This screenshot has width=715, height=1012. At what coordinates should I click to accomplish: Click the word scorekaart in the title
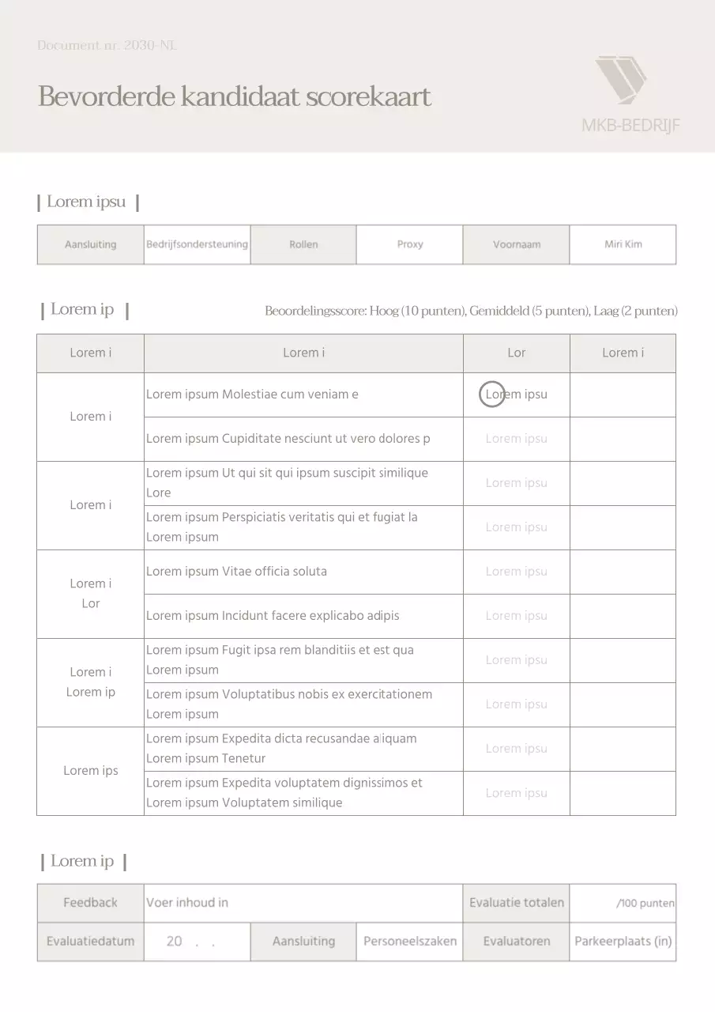(368, 97)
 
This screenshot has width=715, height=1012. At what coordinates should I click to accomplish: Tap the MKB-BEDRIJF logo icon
(620, 80)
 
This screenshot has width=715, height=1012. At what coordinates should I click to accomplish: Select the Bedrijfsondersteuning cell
(197, 244)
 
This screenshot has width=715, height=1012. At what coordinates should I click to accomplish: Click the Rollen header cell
(303, 244)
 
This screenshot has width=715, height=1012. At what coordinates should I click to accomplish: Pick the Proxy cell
(409, 244)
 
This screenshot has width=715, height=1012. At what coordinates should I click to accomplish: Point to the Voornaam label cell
(516, 244)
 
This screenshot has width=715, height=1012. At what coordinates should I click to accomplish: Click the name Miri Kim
(623, 244)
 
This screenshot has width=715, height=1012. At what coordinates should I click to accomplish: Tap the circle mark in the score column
(492, 394)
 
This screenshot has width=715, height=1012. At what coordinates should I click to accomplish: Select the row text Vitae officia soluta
(274, 572)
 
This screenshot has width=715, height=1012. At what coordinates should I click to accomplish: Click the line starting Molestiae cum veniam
(290, 395)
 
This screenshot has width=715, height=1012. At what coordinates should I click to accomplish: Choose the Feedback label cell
(90, 903)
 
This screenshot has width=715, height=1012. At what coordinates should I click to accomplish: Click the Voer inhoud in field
(187, 903)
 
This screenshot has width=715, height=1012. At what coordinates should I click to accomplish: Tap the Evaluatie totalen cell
(516, 903)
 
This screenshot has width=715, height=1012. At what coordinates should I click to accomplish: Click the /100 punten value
(645, 904)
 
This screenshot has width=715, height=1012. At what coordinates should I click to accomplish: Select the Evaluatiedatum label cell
(90, 942)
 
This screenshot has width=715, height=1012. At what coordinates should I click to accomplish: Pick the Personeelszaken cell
(409, 942)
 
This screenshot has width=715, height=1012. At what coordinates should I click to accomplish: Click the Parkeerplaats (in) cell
(623, 942)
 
